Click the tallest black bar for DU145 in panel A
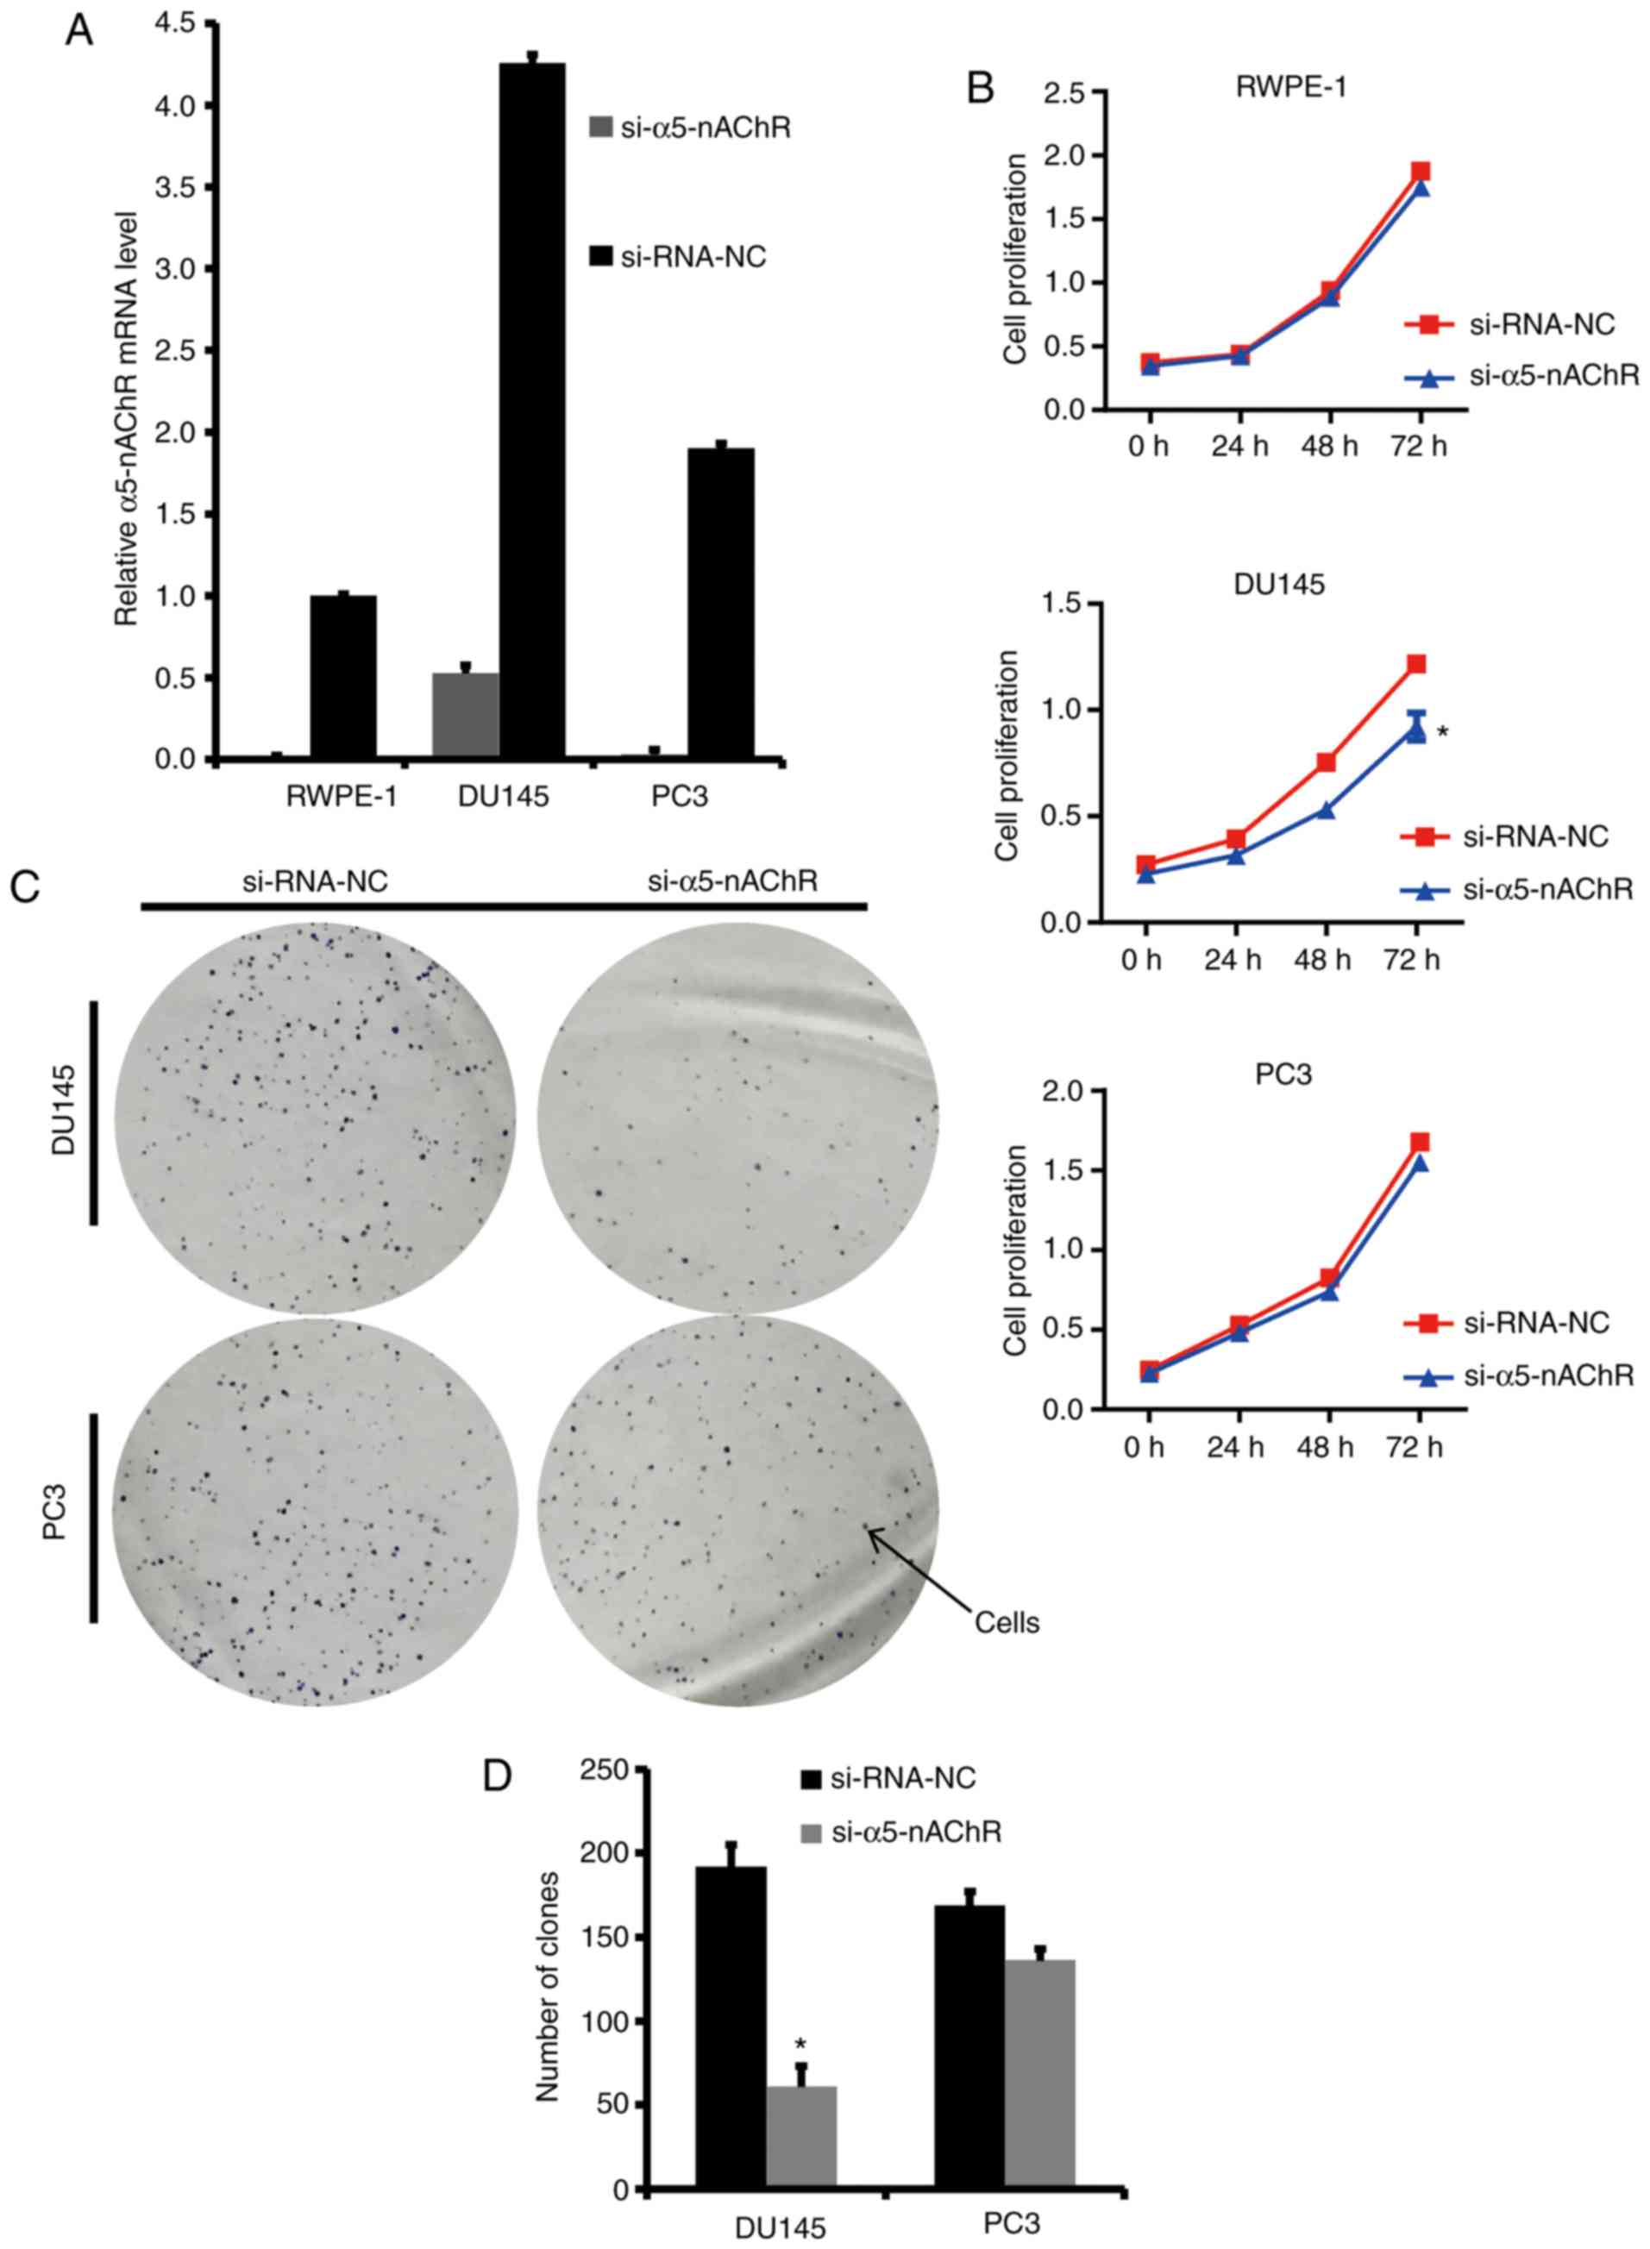[531, 410]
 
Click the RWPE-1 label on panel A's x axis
[342, 797]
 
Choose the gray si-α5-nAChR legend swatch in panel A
[601, 128]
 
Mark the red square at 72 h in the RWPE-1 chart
[1420, 171]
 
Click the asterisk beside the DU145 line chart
[1442, 732]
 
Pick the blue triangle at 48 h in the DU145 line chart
[1327, 809]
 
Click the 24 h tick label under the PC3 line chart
[1235, 1447]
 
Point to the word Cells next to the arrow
[1007, 1623]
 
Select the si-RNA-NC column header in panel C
[316, 880]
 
